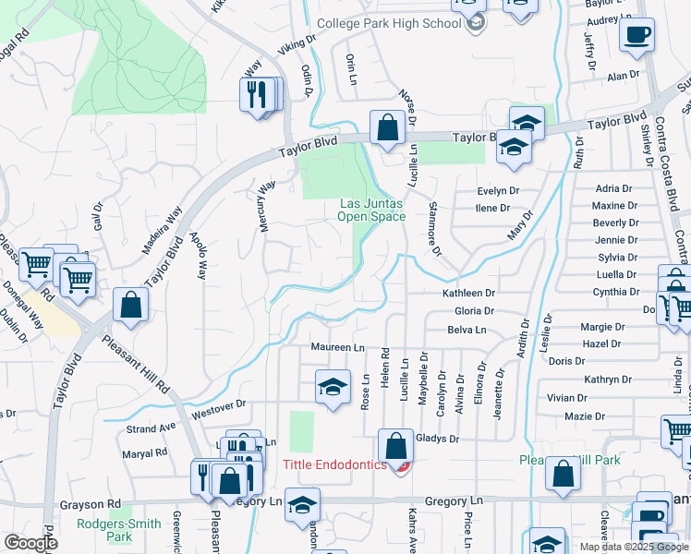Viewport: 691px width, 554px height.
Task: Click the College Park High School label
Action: tap(388, 23)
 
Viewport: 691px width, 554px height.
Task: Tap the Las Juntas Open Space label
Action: tap(371, 210)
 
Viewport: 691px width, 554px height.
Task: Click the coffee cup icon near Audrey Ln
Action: tap(636, 36)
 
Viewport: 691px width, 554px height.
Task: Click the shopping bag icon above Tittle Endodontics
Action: tap(395, 446)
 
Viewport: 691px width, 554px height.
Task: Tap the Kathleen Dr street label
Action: tap(468, 293)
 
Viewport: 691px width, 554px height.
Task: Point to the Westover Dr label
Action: tap(219, 406)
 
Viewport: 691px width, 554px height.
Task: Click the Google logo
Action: tap(30, 543)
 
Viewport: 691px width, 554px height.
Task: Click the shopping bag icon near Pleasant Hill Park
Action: tap(562, 474)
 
